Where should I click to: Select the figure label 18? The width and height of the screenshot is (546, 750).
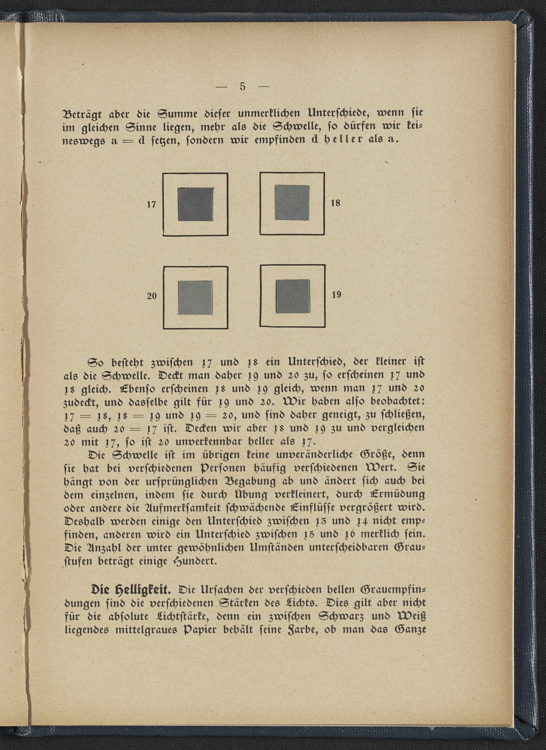[335, 203]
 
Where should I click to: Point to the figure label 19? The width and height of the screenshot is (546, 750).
[336, 294]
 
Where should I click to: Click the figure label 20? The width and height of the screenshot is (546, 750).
[152, 296]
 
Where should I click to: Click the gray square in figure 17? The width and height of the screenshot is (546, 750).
[196, 204]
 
